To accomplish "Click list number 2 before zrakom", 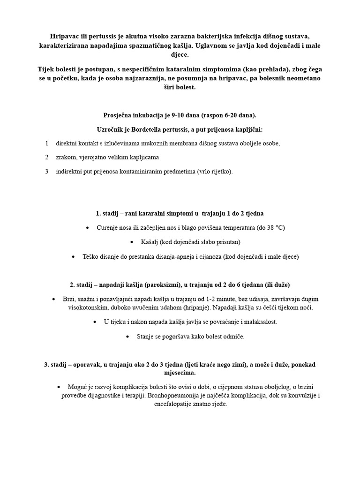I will click(47, 157).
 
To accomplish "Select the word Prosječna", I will click(118, 115).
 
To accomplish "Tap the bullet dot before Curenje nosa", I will click(88, 228).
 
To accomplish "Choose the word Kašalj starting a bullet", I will click(150, 242).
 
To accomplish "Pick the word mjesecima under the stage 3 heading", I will click(180, 373).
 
